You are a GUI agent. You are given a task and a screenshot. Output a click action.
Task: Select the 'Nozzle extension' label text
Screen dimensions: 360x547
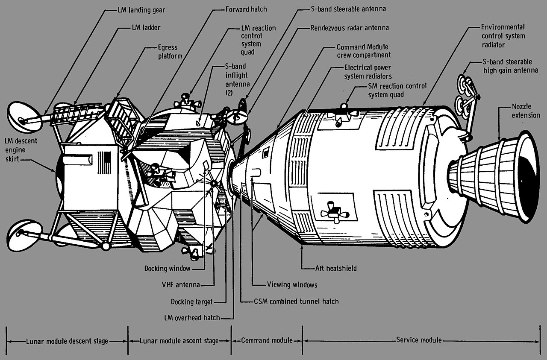click(x=526, y=111)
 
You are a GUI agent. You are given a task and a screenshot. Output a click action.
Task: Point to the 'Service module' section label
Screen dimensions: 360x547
click(x=419, y=340)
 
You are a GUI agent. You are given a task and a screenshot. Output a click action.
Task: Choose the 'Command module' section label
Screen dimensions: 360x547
click(x=267, y=340)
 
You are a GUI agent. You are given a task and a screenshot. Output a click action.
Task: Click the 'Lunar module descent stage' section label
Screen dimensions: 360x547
click(x=67, y=341)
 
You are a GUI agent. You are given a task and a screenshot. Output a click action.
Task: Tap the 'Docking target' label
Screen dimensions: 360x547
click(x=191, y=301)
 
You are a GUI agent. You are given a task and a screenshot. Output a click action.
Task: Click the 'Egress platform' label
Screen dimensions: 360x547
click(x=166, y=52)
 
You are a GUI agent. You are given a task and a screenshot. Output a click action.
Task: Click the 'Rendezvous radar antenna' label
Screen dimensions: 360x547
click(x=350, y=28)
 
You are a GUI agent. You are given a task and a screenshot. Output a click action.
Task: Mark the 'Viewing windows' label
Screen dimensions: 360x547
click(x=292, y=284)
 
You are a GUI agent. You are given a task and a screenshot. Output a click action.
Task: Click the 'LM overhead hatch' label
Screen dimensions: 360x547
click(x=192, y=318)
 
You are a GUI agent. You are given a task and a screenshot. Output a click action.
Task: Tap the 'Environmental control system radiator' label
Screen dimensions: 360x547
click(x=503, y=35)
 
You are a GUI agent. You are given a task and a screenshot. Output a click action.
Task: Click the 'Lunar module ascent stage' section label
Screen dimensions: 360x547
click(x=179, y=341)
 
